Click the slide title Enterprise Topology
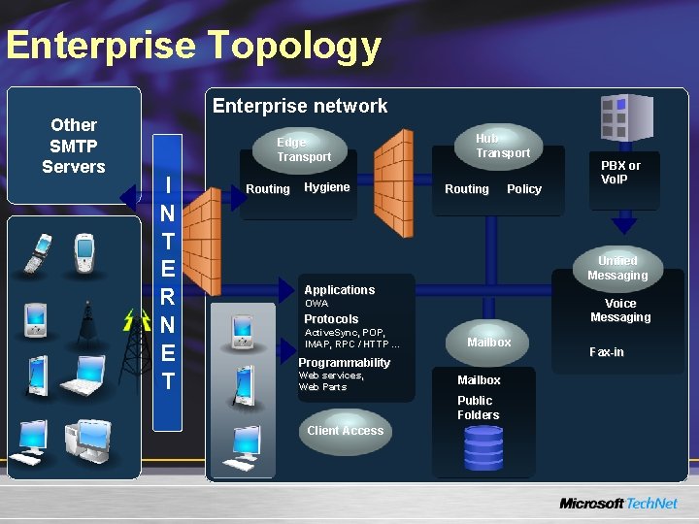(192, 46)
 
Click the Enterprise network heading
(300, 106)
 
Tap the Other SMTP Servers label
(74, 146)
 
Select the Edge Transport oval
(303, 148)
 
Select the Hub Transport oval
(501, 146)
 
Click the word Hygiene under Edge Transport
(327, 187)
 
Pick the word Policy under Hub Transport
(524, 189)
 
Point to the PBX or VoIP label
(620, 172)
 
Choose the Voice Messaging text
(620, 311)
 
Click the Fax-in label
(607, 352)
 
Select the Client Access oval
(345, 431)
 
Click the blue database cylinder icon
(483, 448)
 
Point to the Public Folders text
(479, 408)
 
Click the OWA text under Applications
(316, 304)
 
